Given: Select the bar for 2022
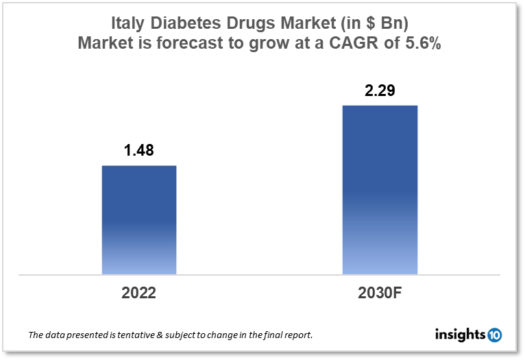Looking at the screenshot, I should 139,219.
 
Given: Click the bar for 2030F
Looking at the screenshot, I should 380,190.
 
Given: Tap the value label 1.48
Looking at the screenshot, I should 139,151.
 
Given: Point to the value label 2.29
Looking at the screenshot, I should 380,91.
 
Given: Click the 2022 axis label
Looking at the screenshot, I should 139,293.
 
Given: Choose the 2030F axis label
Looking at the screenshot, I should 380,293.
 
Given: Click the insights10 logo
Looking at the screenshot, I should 468,335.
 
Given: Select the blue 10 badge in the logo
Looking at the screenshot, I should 494,335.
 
